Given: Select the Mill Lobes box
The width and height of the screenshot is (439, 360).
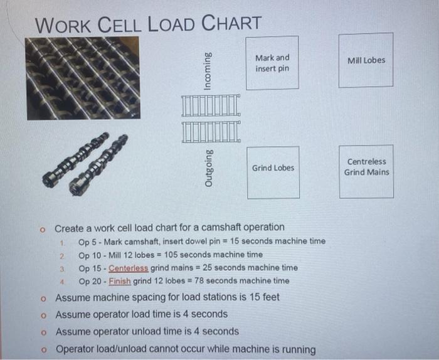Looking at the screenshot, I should click(366, 60).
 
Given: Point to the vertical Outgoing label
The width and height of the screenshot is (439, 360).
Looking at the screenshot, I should click(208, 166).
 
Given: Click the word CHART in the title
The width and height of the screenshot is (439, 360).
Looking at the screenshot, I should click(232, 24).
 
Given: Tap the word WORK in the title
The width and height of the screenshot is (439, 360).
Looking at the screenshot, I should click(63, 26).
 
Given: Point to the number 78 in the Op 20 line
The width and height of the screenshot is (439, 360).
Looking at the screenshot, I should click(199, 280).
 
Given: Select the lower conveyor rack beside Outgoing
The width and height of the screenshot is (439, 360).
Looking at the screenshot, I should click(211, 131).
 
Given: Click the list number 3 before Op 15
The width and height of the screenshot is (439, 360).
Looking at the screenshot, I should click(63, 268).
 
